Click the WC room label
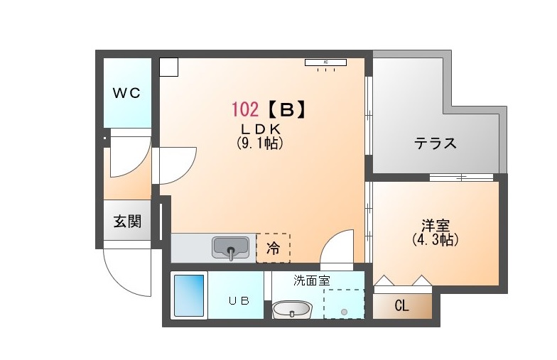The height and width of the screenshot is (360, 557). click(126, 93)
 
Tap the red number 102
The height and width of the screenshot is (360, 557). click(245, 109)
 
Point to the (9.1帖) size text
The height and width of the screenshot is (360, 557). click(260, 143)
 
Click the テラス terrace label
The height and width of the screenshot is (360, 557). click(435, 143)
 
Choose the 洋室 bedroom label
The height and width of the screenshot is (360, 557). click(436, 226)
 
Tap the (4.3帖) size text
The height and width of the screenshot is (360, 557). click(435, 240)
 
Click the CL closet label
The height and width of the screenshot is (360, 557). click(402, 305)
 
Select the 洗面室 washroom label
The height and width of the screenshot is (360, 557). click(311, 280)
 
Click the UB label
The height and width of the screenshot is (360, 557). click(239, 301)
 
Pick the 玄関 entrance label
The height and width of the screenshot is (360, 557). click(128, 222)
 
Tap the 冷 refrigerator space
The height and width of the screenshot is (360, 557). click(273, 249)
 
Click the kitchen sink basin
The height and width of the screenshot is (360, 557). click(230, 248)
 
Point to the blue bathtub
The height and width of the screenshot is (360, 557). click(189, 295)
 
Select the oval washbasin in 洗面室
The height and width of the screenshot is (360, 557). click(292, 310)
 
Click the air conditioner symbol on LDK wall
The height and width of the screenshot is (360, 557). click(325, 62)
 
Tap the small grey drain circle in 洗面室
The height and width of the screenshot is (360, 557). click(344, 312)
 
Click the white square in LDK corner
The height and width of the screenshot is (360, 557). click(168, 67)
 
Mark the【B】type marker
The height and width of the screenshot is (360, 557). click(286, 109)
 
